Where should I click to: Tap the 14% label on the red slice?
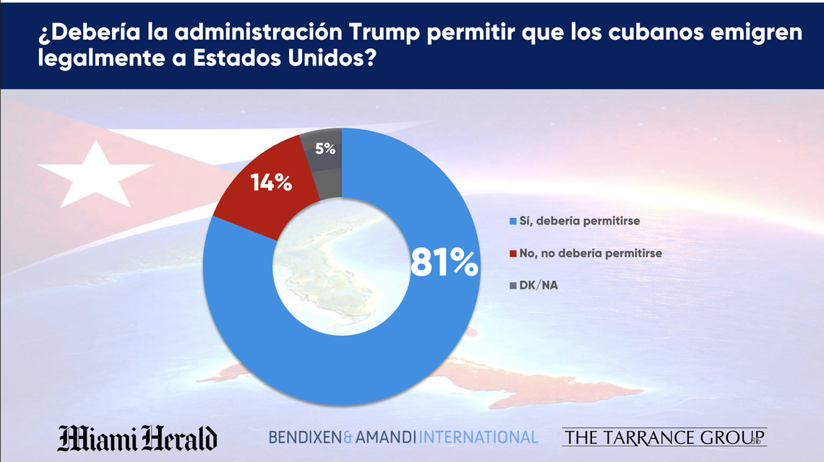pyautogui.click(x=271, y=183)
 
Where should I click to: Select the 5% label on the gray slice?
pyautogui.click(x=325, y=149)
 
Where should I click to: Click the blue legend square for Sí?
pyautogui.click(x=514, y=221)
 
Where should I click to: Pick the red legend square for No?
pyautogui.click(x=514, y=253)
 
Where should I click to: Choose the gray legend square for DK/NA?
pyautogui.click(x=514, y=286)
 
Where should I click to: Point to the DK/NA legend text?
pyautogui.click(x=539, y=286)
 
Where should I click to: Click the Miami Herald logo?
pyautogui.click(x=137, y=437)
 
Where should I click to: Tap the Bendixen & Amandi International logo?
pyautogui.click(x=403, y=437)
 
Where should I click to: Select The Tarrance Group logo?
pyautogui.click(x=664, y=437)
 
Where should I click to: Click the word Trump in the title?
pyautogui.click(x=384, y=32)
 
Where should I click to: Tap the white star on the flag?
pyautogui.click(x=94, y=172)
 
